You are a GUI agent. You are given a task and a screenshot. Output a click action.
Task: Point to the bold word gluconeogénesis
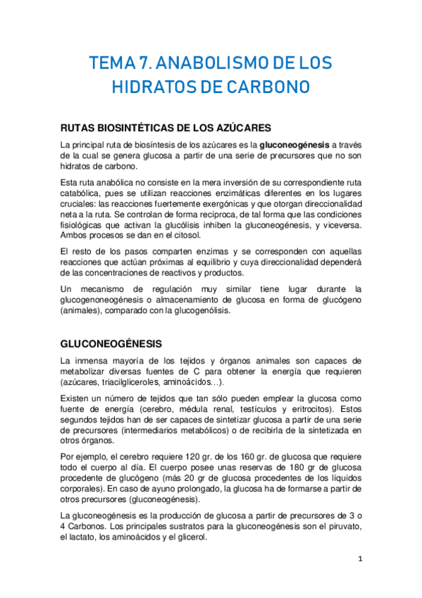click(x=294, y=145)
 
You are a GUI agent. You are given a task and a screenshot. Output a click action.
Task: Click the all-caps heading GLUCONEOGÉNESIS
click(x=111, y=343)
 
